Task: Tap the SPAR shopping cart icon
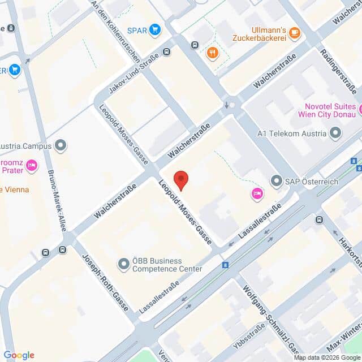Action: pos(154,29)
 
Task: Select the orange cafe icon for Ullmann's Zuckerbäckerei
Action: pos(294,33)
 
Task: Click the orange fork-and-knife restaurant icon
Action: pos(212,53)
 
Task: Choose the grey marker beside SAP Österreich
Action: pos(277,181)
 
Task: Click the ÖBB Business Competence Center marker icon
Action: pos(123,264)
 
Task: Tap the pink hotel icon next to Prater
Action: pos(32,165)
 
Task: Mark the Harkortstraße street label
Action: pos(349,246)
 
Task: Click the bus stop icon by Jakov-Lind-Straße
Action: pos(166,52)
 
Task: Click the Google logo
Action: pos(19,355)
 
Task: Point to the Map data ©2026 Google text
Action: pos(326,357)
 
